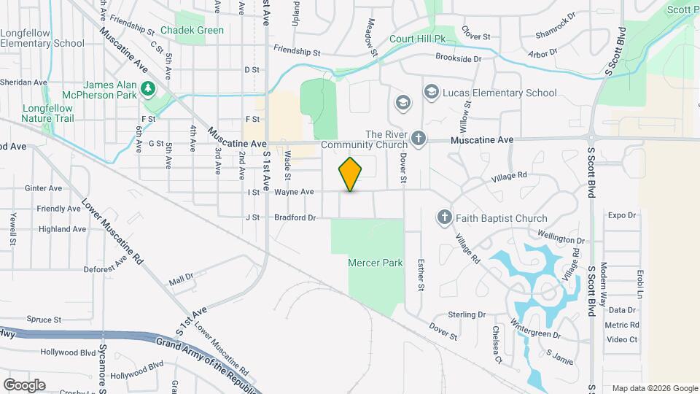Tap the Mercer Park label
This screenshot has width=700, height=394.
tap(376, 263)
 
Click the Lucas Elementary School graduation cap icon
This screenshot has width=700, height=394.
tap(431, 93)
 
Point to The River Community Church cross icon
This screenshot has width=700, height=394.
tap(419, 138)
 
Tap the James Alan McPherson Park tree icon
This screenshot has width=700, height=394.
tap(149, 89)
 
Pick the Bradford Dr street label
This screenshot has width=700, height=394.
tap(295, 217)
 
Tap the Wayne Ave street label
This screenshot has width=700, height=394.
tap(294, 192)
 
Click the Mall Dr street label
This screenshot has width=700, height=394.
tap(180, 279)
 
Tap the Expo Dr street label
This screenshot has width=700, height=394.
tap(623, 215)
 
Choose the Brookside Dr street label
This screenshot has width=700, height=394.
tap(459, 58)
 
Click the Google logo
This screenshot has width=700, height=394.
tap(24, 385)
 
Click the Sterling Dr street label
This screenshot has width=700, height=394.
tap(467, 314)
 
